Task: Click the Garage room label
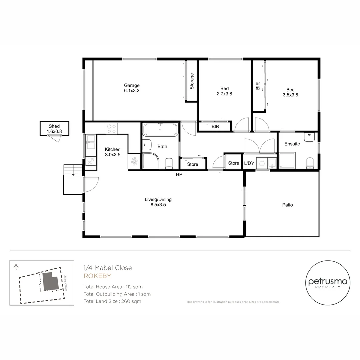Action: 132,85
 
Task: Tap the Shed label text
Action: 54,126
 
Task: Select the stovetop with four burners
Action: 112,128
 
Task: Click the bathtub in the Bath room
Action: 160,129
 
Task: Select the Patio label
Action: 287,205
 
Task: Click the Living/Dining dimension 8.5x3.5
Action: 158,205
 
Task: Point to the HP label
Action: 179,174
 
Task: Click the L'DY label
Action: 249,163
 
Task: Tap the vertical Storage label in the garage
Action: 192,81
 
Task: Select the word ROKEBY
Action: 97,276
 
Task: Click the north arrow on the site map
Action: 15,266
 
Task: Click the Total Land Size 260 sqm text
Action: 112,301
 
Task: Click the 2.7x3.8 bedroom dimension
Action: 224,94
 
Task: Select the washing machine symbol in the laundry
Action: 262,163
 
